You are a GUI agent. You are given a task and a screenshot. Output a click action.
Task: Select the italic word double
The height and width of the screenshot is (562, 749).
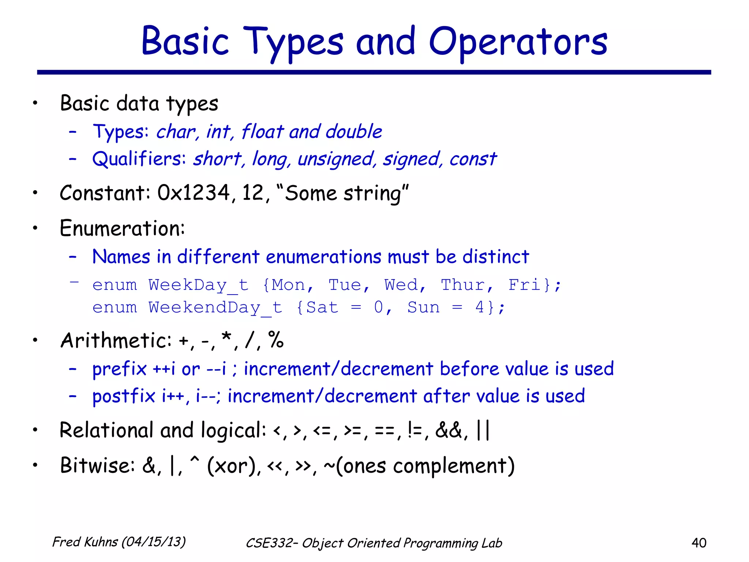pyautogui.click(x=354, y=131)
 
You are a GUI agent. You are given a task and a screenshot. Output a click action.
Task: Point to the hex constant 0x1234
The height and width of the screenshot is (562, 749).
pyautogui.click(x=193, y=193)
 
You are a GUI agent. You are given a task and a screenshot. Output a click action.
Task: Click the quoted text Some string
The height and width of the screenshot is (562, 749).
pyautogui.click(x=343, y=193)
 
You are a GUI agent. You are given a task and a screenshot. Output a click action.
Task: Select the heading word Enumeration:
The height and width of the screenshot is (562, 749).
pyautogui.click(x=123, y=228)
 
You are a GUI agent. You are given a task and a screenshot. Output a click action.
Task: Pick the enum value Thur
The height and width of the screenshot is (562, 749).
pyautogui.click(x=463, y=285)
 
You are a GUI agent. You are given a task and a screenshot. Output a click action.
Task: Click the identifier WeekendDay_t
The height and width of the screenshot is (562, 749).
pyautogui.click(x=215, y=308)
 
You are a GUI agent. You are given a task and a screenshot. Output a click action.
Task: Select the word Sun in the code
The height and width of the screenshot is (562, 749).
pyautogui.click(x=424, y=307)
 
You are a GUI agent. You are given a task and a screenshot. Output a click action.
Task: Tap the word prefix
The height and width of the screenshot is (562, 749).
pyautogui.click(x=119, y=369)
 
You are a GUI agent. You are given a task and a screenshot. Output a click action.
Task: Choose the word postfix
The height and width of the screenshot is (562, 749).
pyautogui.click(x=124, y=396)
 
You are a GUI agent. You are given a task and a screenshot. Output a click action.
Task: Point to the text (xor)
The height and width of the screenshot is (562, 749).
pyautogui.click(x=232, y=466)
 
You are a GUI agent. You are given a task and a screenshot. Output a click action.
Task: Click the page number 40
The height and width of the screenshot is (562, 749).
pyautogui.click(x=699, y=543)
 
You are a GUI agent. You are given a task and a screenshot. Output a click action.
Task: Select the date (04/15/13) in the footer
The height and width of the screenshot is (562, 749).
pyautogui.click(x=153, y=542)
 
